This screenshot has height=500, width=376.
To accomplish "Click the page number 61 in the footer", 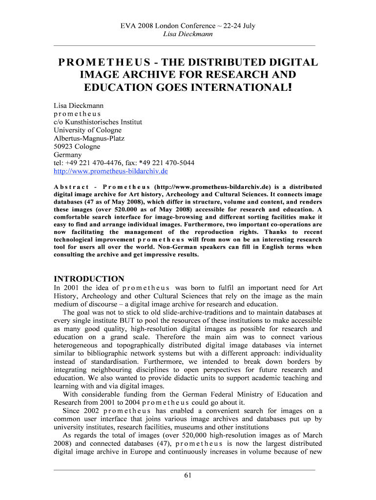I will [188, 477].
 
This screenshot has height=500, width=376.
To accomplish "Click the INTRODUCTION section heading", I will [89, 279].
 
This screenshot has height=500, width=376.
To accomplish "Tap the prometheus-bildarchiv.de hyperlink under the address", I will [111, 171].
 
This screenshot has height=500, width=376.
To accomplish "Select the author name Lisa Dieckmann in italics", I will [188, 34].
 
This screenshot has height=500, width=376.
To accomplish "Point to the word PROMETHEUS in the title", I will [104, 63].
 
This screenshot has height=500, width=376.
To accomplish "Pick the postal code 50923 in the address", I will [63, 146].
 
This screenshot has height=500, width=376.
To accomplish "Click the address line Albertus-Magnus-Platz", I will [89, 138].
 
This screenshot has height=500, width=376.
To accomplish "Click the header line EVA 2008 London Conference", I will [188, 26].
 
